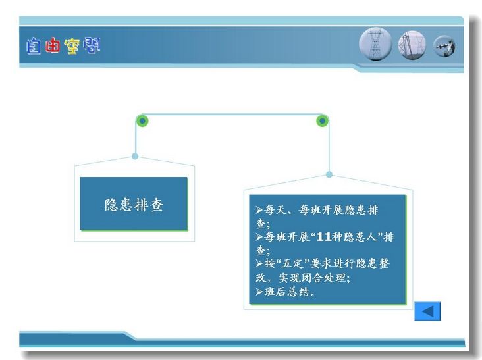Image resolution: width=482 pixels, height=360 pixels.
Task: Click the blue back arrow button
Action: tap(427, 311)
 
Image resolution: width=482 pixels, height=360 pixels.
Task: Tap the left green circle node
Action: tap(142, 121)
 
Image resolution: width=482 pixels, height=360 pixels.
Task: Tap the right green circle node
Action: tap(322, 121)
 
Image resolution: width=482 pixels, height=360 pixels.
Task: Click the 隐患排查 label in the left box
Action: tap(134, 205)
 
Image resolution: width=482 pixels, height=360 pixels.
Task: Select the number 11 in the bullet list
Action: tap(324, 237)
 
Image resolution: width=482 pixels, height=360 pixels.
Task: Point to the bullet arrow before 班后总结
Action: tap(259, 292)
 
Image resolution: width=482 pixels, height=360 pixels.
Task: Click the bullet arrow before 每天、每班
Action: tap(259, 210)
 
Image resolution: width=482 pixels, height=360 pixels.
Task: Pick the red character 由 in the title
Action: tap(52, 45)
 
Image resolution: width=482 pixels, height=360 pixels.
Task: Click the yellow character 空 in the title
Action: tap(72, 46)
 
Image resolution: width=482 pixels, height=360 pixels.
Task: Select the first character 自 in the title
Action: tap(33, 46)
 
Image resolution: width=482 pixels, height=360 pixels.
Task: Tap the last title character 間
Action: tap(92, 45)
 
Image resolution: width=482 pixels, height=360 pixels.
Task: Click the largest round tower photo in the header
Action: tap(375, 44)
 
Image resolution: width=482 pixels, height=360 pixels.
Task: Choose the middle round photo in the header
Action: tap(412, 45)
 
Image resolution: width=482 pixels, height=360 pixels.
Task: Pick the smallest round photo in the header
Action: tap(444, 46)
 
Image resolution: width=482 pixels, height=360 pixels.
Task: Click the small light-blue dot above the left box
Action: tap(135, 156)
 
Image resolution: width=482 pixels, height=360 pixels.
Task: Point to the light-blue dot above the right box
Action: tap(329, 174)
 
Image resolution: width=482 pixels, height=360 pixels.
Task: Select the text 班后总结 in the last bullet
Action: tap(287, 292)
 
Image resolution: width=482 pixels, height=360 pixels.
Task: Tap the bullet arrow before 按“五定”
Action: tap(259, 263)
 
